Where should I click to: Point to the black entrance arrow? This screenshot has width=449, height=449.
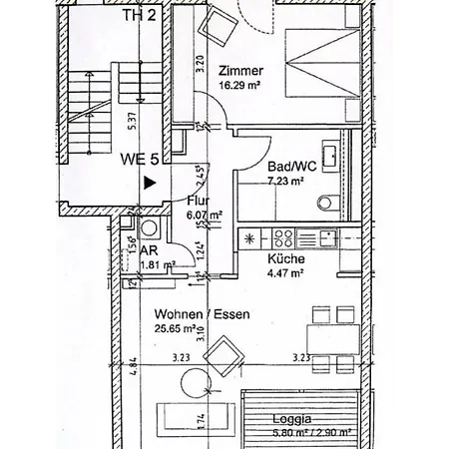pyautogui.click(x=149, y=183)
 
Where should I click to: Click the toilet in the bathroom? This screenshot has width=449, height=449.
pyautogui.click(x=326, y=204)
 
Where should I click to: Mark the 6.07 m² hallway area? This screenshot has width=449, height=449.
pyautogui.click(x=203, y=214)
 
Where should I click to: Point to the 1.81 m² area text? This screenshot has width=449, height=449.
pyautogui.click(x=159, y=265)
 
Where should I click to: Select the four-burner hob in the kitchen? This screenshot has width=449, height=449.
pyautogui.click(x=281, y=238)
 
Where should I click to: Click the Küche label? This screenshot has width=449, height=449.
pyautogui.click(x=285, y=259)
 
